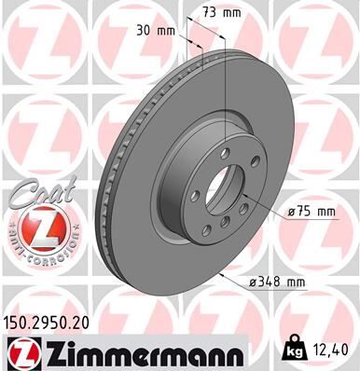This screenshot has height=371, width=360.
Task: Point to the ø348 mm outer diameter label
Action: pos(281,280)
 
